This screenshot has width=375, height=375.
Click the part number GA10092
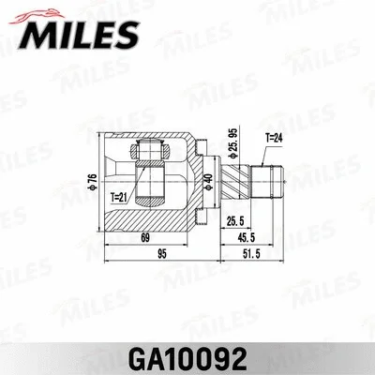(x=187, y=358)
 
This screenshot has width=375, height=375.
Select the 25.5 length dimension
(x=236, y=221)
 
